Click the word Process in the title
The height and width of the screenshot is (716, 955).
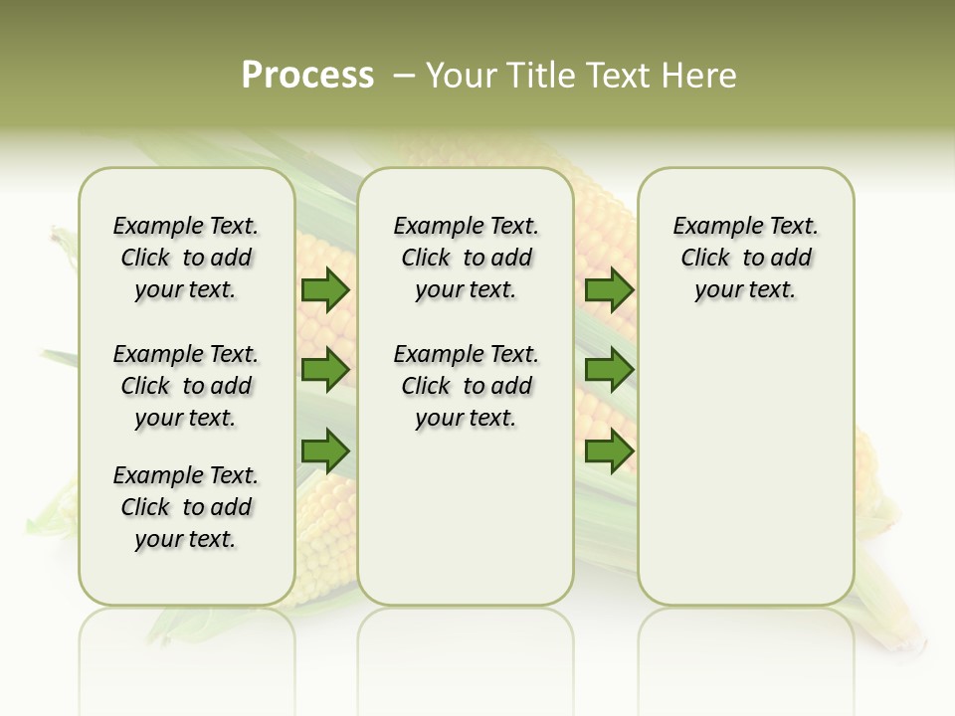[x=307, y=76]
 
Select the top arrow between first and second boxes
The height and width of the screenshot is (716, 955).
[x=324, y=290]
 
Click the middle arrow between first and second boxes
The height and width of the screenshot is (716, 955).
[x=324, y=370]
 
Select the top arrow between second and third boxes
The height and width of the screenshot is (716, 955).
[x=609, y=290]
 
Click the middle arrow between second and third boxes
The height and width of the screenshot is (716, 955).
[x=609, y=370]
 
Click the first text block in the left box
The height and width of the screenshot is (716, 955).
[x=186, y=258]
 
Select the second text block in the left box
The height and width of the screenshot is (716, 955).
[x=186, y=386]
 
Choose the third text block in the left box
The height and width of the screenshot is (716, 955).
[x=186, y=507]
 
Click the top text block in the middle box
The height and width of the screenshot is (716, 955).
[x=466, y=258]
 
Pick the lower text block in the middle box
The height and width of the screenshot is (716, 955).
[x=466, y=386]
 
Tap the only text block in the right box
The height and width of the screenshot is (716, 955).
[x=745, y=258]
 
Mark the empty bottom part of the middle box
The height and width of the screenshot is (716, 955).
[x=466, y=527]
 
